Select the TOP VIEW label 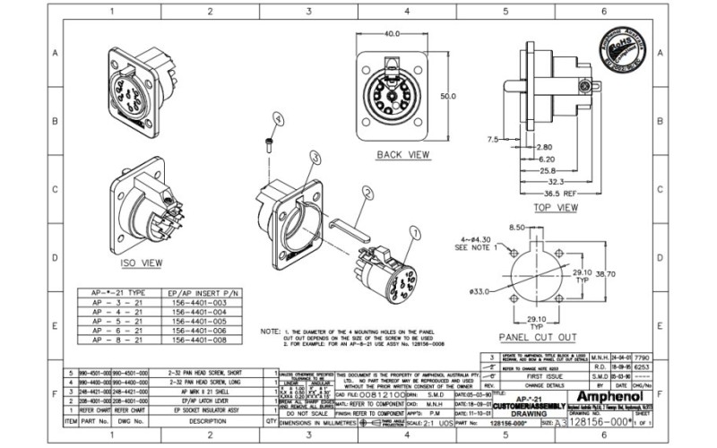(x=555, y=208)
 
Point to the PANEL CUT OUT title (x=537, y=338)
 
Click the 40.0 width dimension (x=393, y=34)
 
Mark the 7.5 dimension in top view (x=492, y=140)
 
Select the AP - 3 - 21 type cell (x=112, y=304)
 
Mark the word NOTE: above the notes (x=271, y=332)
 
